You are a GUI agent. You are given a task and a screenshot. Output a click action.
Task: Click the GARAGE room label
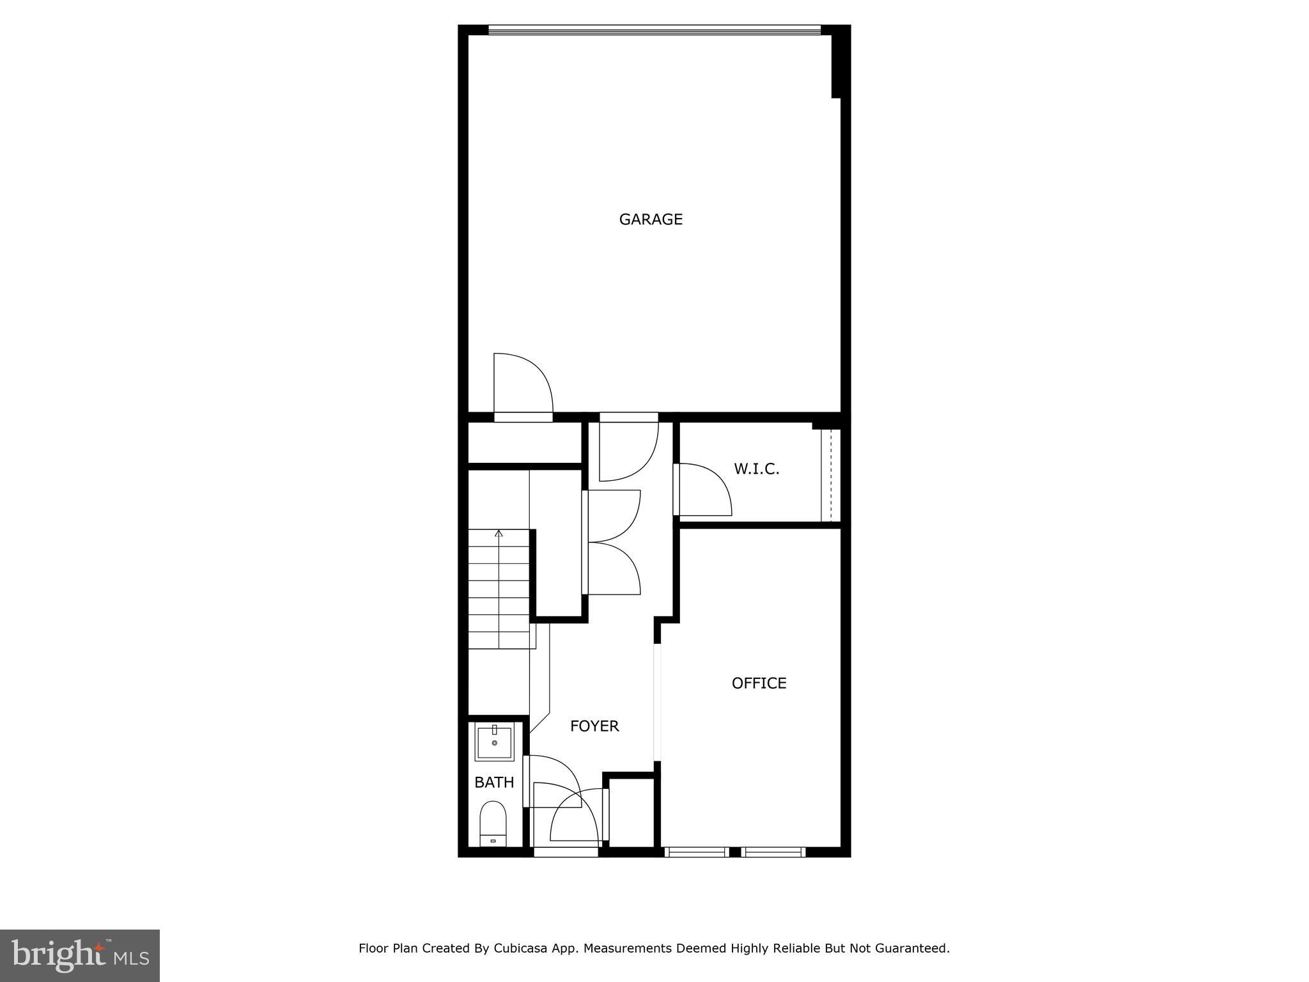[651, 219]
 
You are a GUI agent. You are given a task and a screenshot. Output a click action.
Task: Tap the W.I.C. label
[756, 469]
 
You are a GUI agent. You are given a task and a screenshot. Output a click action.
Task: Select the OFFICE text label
[759, 683]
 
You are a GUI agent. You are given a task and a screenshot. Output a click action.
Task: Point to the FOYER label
[594, 726]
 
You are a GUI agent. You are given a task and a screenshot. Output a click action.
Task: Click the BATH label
[494, 782]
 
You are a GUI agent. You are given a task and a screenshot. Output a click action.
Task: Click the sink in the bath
[494, 744]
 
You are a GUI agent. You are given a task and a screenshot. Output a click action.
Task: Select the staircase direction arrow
[499, 533]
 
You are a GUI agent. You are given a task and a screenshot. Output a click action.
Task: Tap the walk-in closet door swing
[703, 489]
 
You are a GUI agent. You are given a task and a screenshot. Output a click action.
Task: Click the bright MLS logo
[80, 956]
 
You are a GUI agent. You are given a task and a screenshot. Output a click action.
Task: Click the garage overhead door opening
[654, 29]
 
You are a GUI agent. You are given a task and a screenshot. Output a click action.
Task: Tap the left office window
[696, 852]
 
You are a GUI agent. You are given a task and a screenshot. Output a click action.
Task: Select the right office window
[773, 852]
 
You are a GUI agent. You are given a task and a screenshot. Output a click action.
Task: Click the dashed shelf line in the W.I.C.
[830, 475]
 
